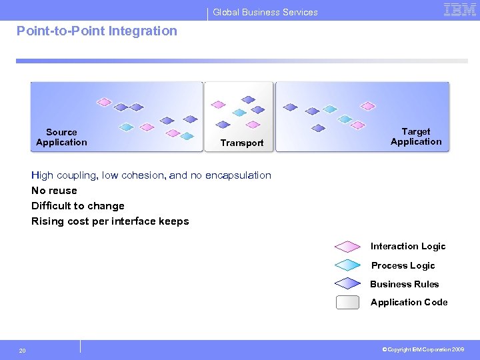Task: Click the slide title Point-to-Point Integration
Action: tap(97, 31)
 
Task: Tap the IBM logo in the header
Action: tap(460, 9)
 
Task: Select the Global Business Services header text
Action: tap(265, 12)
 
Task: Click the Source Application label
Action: tap(61, 137)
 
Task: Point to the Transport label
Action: tap(242, 143)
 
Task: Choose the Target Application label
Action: tap(416, 137)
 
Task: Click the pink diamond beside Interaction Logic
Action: tap(347, 247)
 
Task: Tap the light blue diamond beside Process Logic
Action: tap(347, 265)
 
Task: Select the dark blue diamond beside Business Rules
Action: tap(347, 284)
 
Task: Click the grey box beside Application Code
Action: tap(347, 303)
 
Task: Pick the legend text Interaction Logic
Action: tap(408, 247)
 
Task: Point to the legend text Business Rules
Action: tap(405, 284)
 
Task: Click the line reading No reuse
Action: tap(54, 191)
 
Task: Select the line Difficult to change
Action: tap(78, 206)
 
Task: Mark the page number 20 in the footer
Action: tap(23, 351)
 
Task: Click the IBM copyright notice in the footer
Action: tap(424, 349)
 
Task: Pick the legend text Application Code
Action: tap(409, 303)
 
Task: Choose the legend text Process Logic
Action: tap(403, 265)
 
